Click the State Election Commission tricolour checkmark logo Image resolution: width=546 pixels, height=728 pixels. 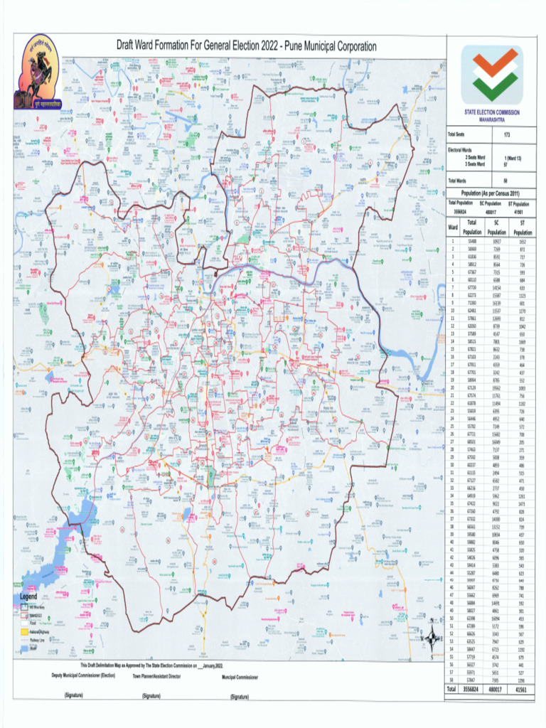click(491, 75)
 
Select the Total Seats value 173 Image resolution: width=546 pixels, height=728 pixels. click(507, 134)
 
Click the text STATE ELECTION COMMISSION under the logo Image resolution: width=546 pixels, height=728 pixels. click(491, 112)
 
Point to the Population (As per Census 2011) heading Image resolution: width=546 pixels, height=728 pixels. click(491, 193)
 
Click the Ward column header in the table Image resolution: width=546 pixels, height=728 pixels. click(452, 227)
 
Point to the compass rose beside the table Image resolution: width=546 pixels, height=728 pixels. click(431, 639)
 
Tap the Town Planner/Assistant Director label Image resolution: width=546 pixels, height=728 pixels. click(156, 676)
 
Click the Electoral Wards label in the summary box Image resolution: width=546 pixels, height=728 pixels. click(461, 149)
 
